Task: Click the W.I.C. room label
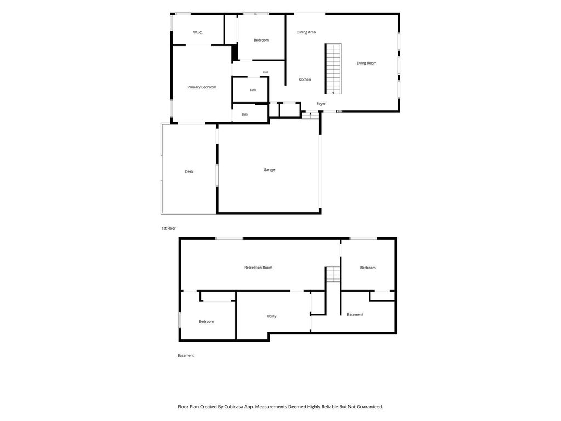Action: click(x=198, y=32)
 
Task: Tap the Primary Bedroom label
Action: click(x=202, y=87)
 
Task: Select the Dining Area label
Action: click(x=306, y=32)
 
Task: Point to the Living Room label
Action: click(x=367, y=64)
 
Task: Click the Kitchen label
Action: click(x=305, y=79)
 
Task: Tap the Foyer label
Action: click(x=321, y=104)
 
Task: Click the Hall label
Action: click(x=266, y=72)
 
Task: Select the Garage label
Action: click(x=269, y=170)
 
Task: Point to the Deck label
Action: click(x=189, y=172)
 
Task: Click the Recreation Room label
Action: click(x=258, y=268)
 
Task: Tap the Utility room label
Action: click(x=271, y=316)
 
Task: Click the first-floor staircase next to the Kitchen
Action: click(x=333, y=69)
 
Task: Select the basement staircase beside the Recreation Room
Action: click(x=333, y=274)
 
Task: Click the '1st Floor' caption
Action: click(x=169, y=229)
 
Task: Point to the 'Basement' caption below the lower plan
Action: click(x=186, y=355)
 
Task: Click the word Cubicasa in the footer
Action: click(x=234, y=407)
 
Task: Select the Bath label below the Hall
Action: click(x=253, y=90)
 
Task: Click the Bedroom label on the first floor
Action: click(x=261, y=41)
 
